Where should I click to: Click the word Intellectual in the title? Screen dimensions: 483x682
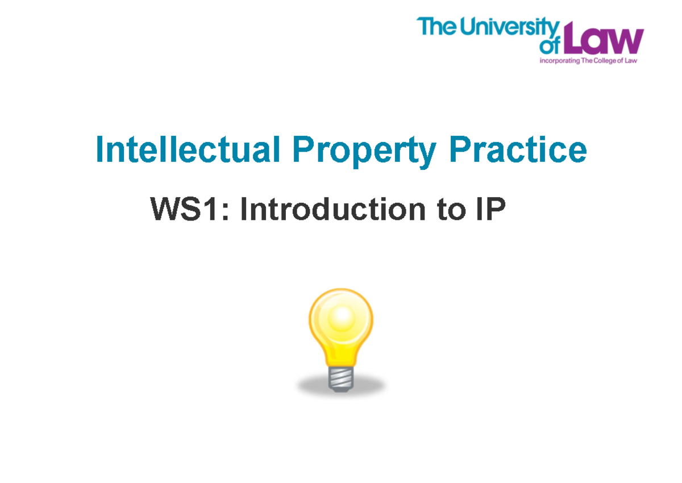tap(188, 149)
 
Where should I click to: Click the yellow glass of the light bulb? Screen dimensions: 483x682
tap(340, 327)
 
